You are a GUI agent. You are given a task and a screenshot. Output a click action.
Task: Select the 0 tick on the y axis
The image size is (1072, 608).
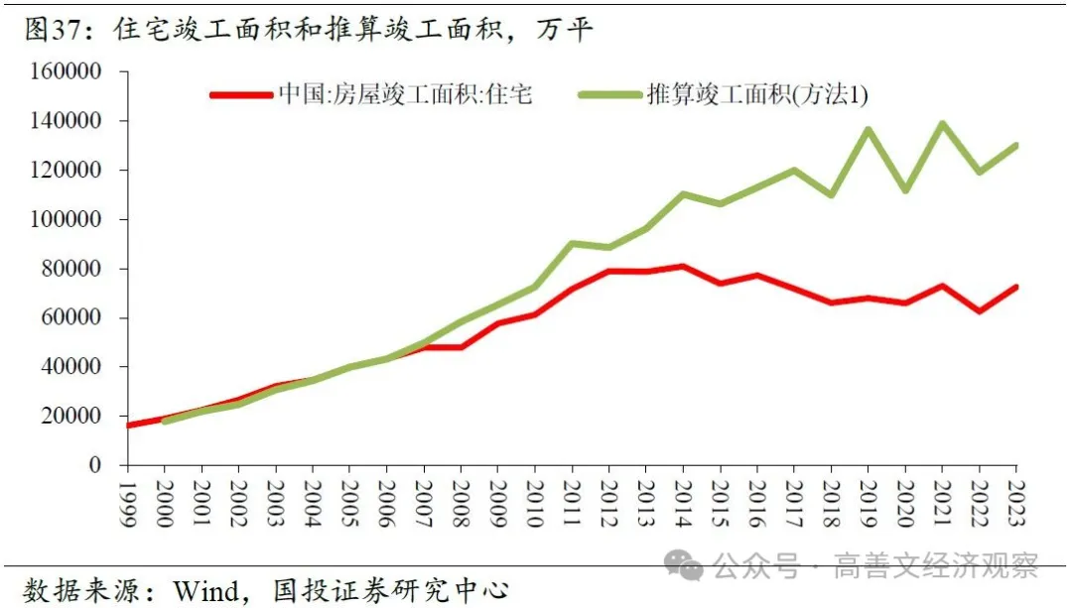click(95, 465)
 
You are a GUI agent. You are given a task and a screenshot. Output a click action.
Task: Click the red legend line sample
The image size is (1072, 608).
click(239, 95)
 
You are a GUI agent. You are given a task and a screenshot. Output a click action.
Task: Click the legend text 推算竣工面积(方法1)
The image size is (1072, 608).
click(757, 95)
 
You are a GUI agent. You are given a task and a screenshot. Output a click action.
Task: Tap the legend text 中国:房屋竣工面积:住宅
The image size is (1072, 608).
click(405, 95)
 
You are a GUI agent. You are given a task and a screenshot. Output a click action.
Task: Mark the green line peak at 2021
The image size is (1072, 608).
click(941, 124)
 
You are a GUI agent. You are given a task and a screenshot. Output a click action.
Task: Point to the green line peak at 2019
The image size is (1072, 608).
click(868, 130)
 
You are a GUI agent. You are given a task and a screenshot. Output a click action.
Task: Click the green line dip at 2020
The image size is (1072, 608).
click(904, 190)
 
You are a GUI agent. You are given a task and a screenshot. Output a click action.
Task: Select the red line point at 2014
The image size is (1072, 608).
click(683, 266)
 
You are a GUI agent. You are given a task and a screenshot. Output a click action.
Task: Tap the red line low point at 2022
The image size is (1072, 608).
click(979, 311)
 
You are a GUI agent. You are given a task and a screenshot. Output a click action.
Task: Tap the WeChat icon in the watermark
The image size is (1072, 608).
click(684, 566)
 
